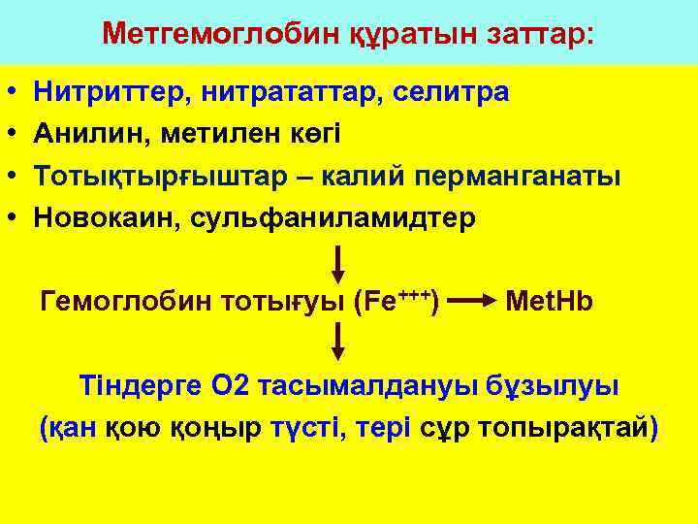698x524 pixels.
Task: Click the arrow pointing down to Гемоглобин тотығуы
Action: [x=338, y=263]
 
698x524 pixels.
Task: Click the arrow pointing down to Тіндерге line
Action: [x=338, y=342]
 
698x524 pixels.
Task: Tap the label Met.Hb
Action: [x=550, y=302]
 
